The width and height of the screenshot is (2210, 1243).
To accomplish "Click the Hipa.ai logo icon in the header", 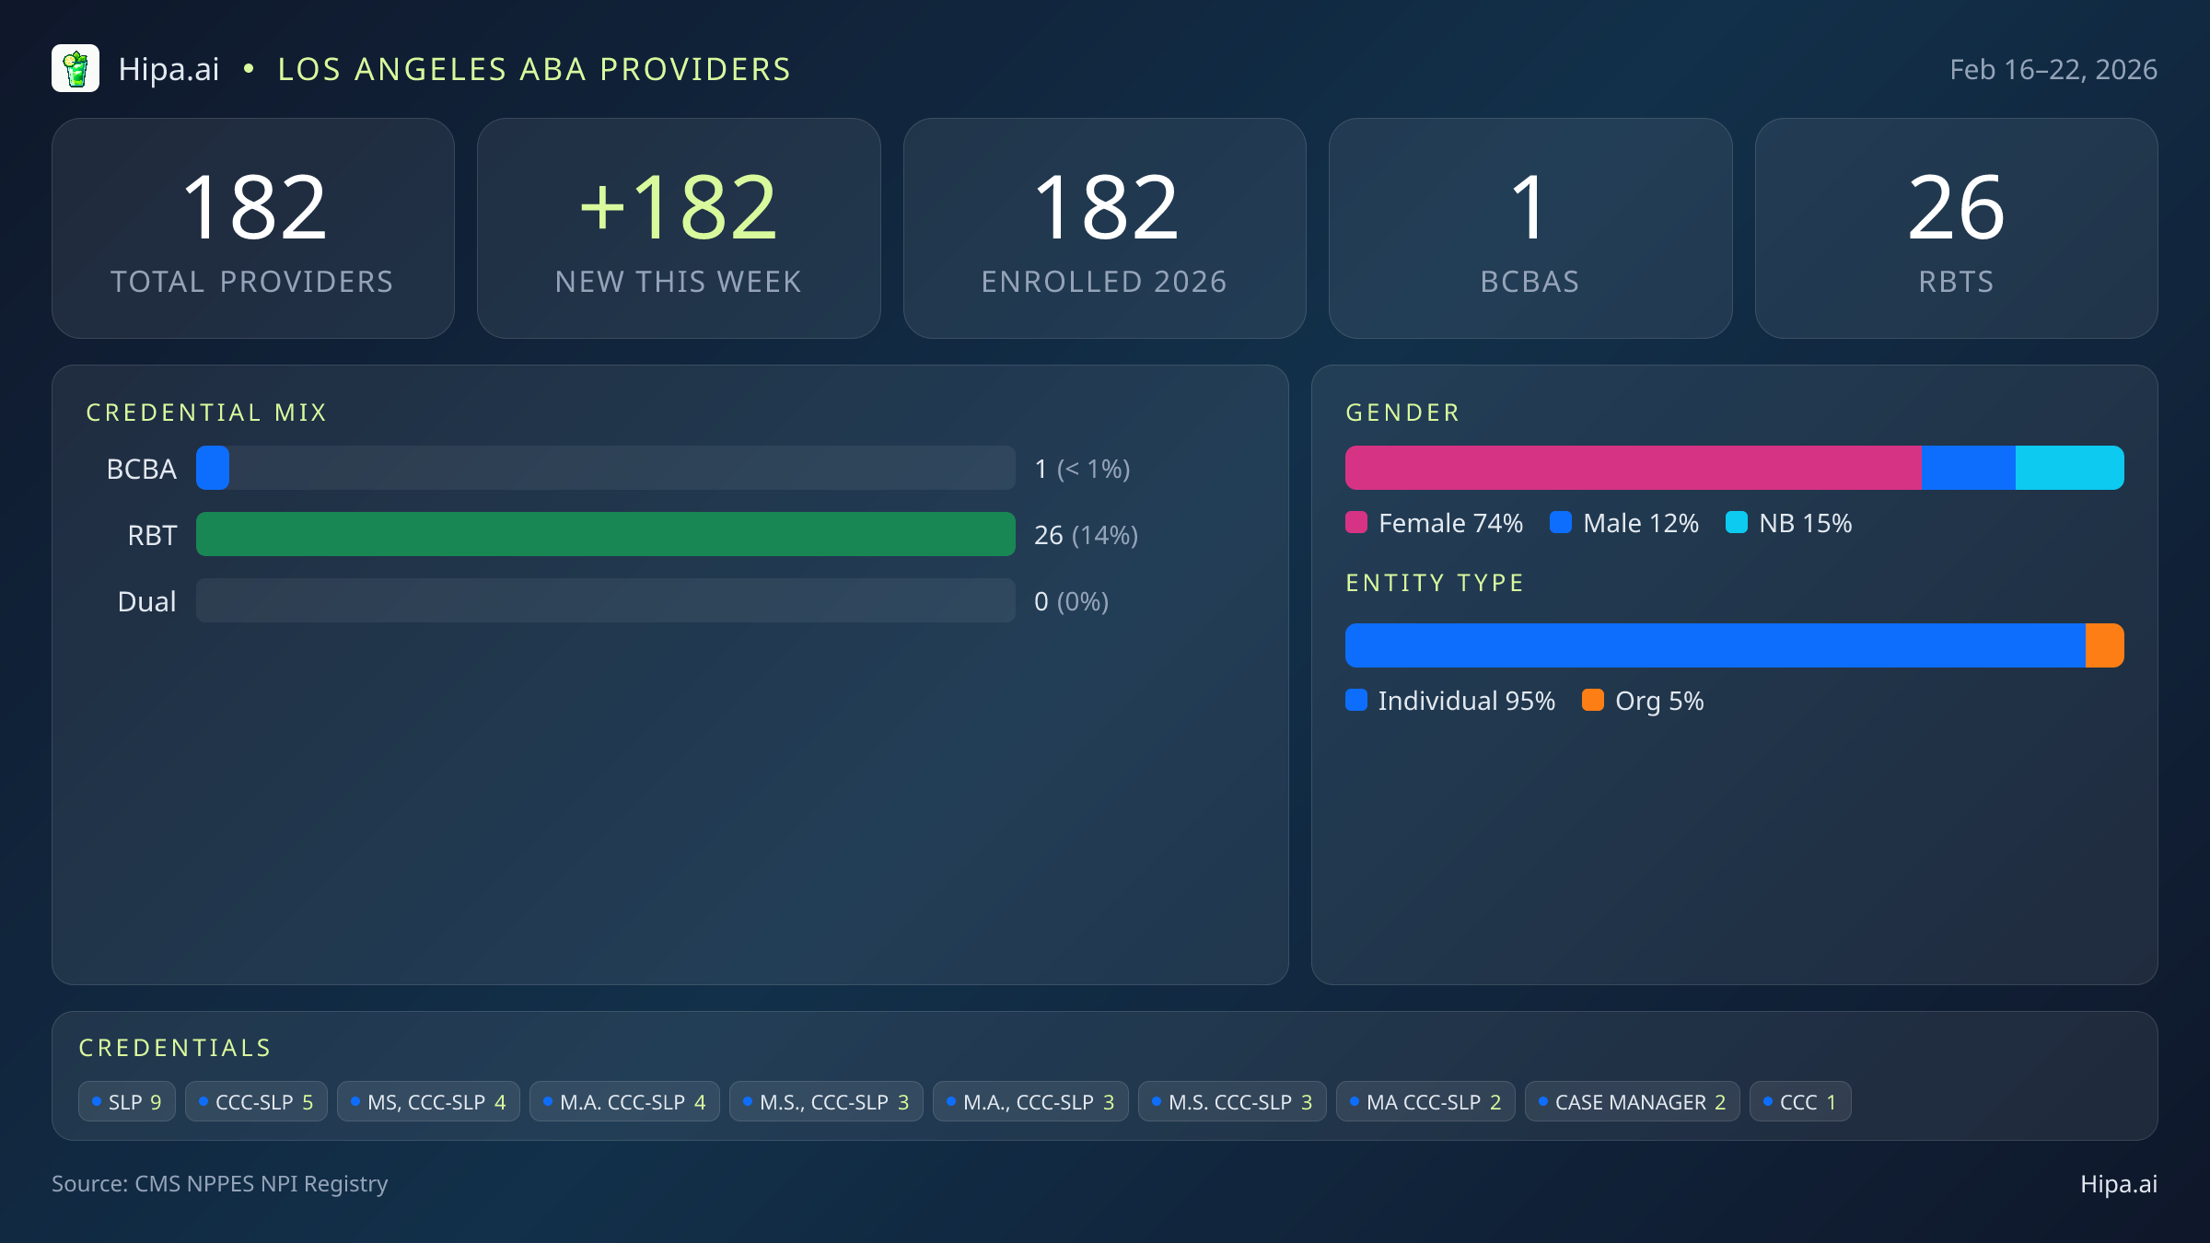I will pyautogui.click(x=76, y=69).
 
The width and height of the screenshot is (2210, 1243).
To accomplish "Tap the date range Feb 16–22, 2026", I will pyautogui.click(x=2053, y=70).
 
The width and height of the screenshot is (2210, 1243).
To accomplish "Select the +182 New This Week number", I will pyautogui.click(x=679, y=208).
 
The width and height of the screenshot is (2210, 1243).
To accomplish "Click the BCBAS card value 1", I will pyautogui.click(x=1530, y=208).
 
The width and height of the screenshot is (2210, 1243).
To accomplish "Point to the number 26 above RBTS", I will pyautogui.click(x=1956, y=208).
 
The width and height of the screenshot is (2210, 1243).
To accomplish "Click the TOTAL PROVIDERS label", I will pyautogui.click(x=252, y=282).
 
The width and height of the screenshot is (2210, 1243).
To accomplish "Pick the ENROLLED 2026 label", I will pyautogui.click(x=1104, y=282).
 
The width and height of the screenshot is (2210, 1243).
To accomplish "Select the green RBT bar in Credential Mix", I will pyautogui.click(x=605, y=534).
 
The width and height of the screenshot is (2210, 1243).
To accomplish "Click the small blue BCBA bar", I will pyautogui.click(x=213, y=468).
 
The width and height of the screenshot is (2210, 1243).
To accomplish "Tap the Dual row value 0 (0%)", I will pyautogui.click(x=1071, y=601).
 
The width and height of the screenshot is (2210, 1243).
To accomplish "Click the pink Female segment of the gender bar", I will pyautogui.click(x=1633, y=468).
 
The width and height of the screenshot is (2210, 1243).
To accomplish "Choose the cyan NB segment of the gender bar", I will pyautogui.click(x=2069, y=468).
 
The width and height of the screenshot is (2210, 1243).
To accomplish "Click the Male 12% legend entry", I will pyautogui.click(x=1625, y=523).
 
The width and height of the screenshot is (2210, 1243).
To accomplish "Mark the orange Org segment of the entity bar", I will pyautogui.click(x=2104, y=645).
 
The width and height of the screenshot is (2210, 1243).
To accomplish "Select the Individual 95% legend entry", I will pyautogui.click(x=1451, y=701).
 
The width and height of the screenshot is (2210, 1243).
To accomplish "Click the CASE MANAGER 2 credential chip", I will pyautogui.click(x=1632, y=1102).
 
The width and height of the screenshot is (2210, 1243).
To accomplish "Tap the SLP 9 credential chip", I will pyautogui.click(x=127, y=1102).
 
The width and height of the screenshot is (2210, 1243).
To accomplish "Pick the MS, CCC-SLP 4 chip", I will pyautogui.click(x=428, y=1102).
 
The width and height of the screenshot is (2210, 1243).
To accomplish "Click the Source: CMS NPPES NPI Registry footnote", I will pyautogui.click(x=220, y=1183).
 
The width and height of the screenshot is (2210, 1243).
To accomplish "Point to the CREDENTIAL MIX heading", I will pyautogui.click(x=206, y=412).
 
